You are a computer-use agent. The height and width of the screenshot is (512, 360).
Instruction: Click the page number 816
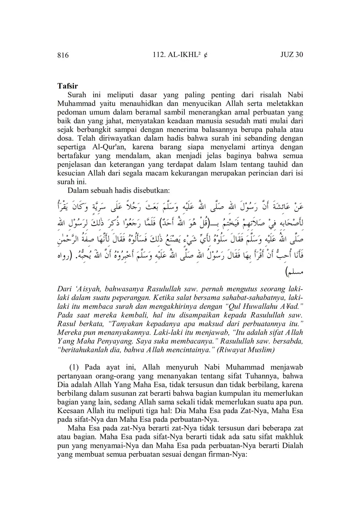tap(63, 55)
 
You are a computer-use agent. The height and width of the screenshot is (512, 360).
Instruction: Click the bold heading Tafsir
tap(68, 86)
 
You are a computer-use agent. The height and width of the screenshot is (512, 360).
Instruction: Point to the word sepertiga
tap(70, 147)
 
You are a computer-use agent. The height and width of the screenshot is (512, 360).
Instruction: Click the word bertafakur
tap(73, 156)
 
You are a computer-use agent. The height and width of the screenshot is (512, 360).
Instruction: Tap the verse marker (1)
tap(75, 367)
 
